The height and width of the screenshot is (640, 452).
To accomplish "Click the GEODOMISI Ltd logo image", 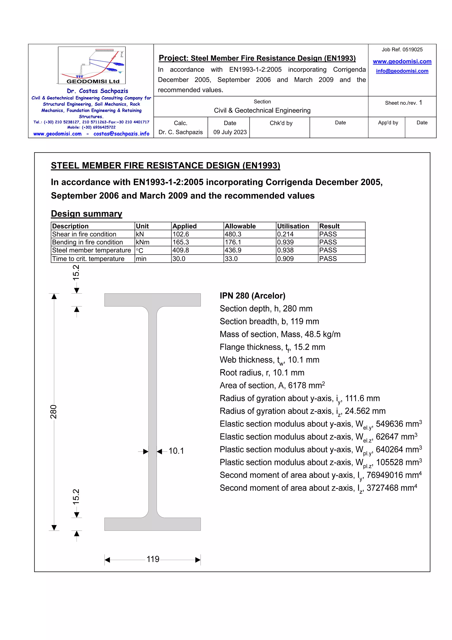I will click(x=92, y=65).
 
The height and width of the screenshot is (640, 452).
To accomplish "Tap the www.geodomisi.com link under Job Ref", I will click(x=402, y=61).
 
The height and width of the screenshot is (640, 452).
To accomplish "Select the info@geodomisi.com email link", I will click(x=402, y=71).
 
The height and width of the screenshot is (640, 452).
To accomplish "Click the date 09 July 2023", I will click(x=230, y=132).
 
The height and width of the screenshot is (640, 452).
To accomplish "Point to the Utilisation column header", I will click(x=293, y=226).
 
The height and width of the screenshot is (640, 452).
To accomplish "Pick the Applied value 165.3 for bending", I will click(x=181, y=242).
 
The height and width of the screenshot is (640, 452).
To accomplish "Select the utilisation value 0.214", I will click(x=285, y=234).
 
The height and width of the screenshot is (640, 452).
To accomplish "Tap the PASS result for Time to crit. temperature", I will click(x=328, y=259).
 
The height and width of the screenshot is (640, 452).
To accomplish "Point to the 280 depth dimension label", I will click(x=53, y=412).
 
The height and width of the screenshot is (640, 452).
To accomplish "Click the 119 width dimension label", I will click(x=153, y=559).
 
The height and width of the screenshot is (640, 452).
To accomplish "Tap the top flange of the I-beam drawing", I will click(x=152, y=300).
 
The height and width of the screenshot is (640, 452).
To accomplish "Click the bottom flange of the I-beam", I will click(x=152, y=524).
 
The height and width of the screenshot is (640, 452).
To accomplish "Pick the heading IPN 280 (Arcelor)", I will click(x=252, y=296).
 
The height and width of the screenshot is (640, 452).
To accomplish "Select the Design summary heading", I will click(x=86, y=214).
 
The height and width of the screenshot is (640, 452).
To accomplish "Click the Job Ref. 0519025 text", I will click(x=402, y=50).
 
